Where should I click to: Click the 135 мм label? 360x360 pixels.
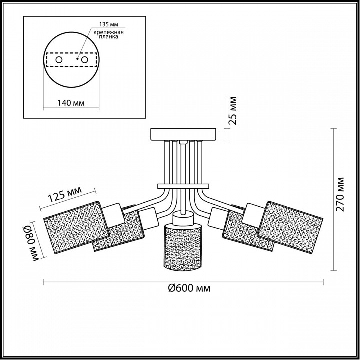[109, 24]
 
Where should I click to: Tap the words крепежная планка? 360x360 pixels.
[108, 34]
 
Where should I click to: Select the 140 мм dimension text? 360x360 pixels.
[71, 103]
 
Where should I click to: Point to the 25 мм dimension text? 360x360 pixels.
[233, 111]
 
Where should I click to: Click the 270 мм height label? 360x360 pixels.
[340, 194]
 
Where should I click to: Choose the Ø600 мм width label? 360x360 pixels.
[189, 288]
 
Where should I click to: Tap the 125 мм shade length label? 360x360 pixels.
[65, 194]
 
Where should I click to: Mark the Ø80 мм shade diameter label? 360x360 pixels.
[30, 244]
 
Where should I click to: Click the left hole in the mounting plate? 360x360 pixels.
[59, 60]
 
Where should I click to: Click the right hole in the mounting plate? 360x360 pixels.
[84, 60]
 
